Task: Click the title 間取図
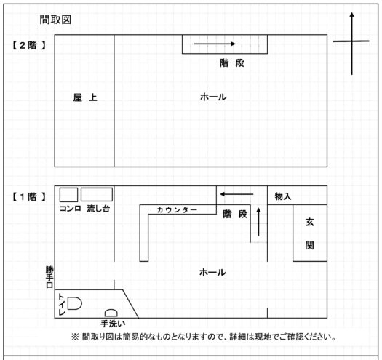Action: (55, 20)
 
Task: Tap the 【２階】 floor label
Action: (29, 45)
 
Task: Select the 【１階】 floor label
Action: (29, 197)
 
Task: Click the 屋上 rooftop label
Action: (85, 97)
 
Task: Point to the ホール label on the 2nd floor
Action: (213, 97)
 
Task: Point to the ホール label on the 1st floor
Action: (212, 272)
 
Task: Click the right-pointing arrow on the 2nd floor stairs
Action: (215, 44)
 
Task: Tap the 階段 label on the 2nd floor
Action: (232, 63)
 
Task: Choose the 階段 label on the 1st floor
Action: (235, 215)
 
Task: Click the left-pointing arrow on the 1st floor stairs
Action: (236, 194)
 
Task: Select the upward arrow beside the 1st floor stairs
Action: (259, 222)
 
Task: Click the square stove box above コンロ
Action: (68, 195)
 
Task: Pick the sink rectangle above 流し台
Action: (97, 194)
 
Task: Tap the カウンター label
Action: (177, 209)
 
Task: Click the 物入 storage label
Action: (283, 196)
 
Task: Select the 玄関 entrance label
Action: (310, 234)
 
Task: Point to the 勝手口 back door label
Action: (49, 277)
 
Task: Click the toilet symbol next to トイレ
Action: (74, 303)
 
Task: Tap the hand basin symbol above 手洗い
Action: (111, 313)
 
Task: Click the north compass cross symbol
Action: (351, 41)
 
